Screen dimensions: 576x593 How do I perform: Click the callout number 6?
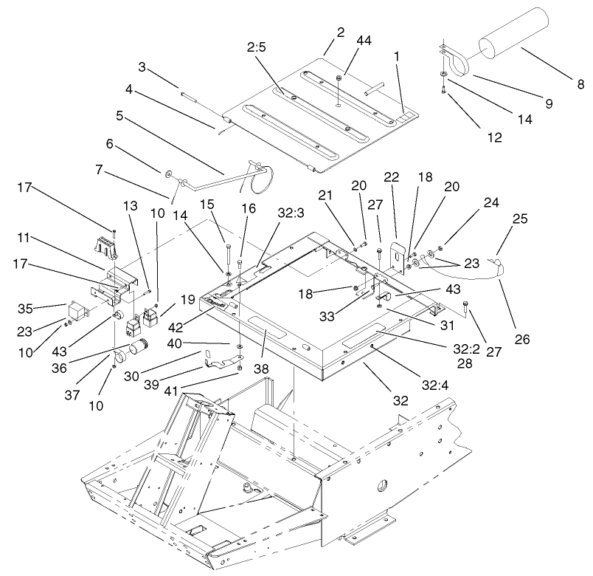tap(110, 144)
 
